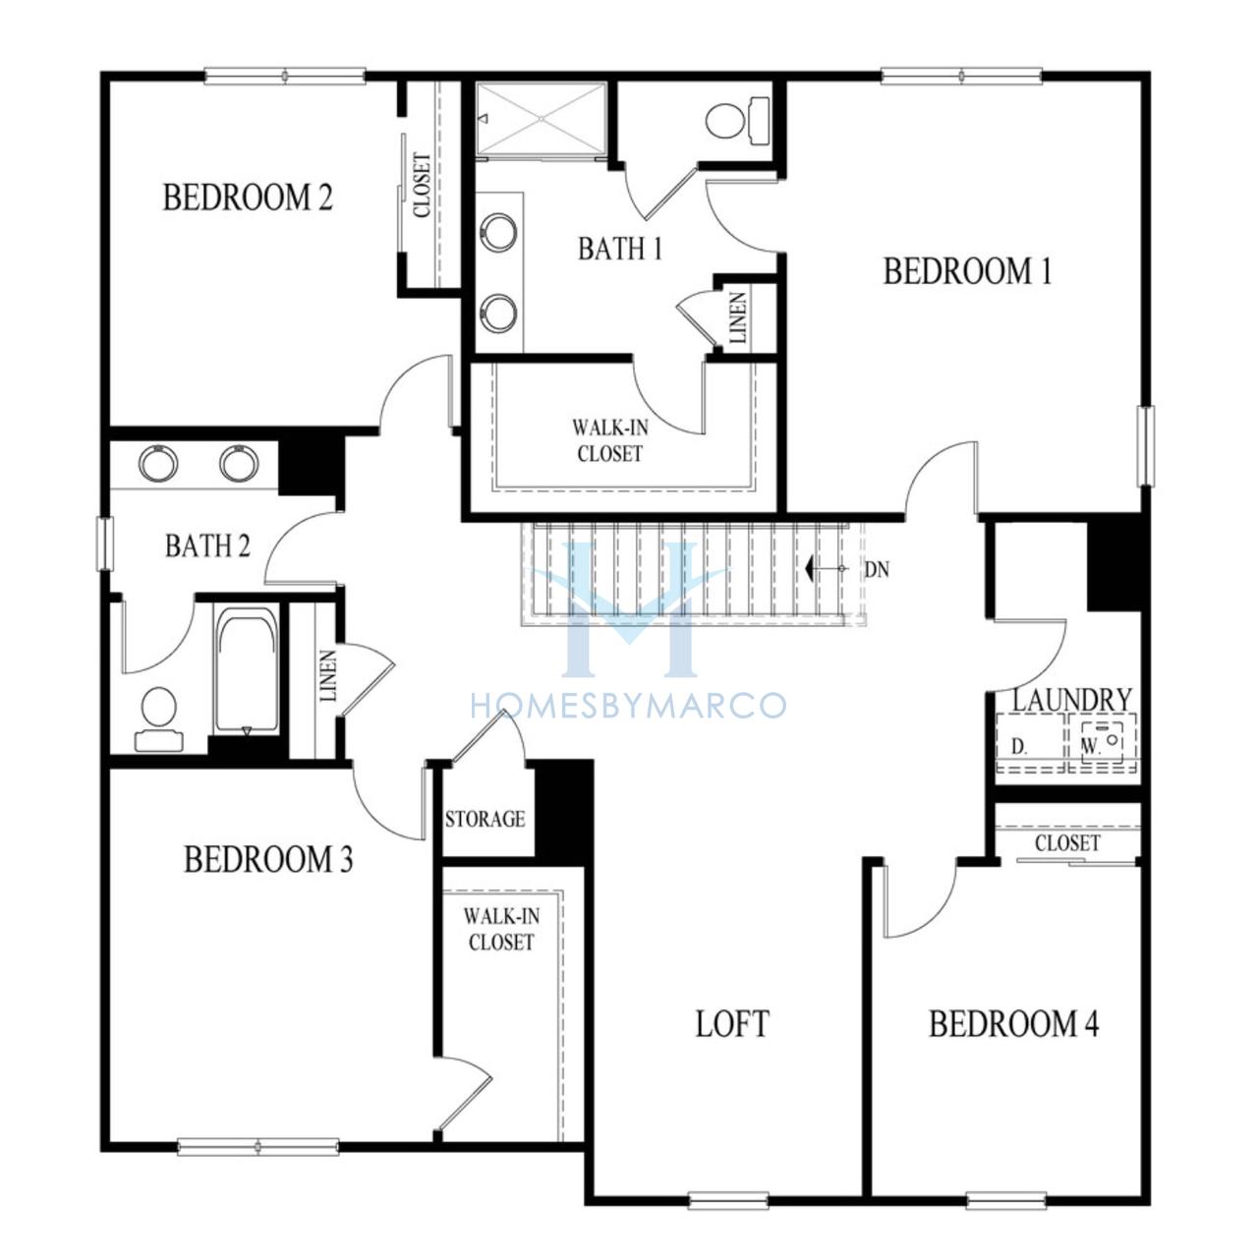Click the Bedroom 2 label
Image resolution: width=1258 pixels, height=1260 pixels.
(x=247, y=197)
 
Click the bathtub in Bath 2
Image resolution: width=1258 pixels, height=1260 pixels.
(x=247, y=669)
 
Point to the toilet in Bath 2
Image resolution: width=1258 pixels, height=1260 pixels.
(x=159, y=718)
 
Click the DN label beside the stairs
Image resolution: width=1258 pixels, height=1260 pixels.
(x=877, y=569)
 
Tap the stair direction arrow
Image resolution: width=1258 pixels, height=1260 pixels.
(x=827, y=569)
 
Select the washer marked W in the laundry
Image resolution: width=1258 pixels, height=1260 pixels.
(x=1104, y=742)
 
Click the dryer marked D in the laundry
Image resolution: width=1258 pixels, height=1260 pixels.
(x=1031, y=742)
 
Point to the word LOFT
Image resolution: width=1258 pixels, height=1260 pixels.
(x=731, y=1023)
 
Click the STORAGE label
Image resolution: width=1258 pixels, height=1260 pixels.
(x=485, y=819)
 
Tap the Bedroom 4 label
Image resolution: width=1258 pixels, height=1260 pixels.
(x=1013, y=1023)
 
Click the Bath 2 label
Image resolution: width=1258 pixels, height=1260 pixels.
(x=207, y=545)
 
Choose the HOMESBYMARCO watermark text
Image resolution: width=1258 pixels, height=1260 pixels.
(x=628, y=706)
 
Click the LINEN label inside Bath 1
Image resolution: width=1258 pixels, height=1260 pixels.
(x=737, y=318)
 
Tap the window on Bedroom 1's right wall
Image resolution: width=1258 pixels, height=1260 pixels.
(x=1145, y=445)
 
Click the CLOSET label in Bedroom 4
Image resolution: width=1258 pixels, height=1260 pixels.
(x=1067, y=843)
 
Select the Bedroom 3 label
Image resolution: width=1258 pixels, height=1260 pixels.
(x=268, y=859)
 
